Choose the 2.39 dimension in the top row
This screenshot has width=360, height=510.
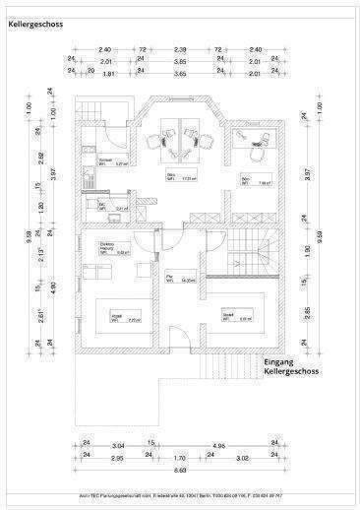[x=180, y=48]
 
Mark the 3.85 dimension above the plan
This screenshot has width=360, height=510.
[x=180, y=60]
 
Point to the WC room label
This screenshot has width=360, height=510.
[x=103, y=207]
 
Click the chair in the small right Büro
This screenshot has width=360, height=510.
[x=258, y=153]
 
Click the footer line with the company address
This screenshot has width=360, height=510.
[x=180, y=495]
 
